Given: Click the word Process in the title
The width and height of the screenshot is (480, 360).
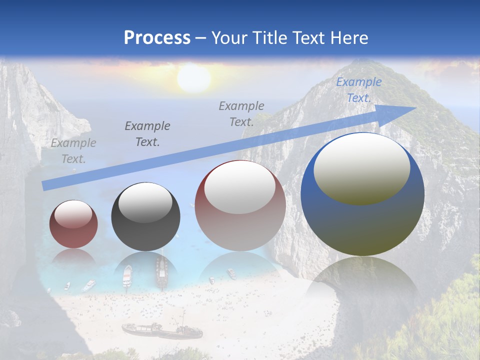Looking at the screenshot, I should (x=157, y=38).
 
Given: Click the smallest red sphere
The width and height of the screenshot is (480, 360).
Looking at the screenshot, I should (x=73, y=224).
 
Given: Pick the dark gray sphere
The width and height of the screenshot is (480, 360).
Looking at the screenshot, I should (x=145, y=217).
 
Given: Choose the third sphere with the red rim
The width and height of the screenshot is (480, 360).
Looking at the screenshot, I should (x=240, y=206).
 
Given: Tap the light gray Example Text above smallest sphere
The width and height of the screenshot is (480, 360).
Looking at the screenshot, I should (x=73, y=151).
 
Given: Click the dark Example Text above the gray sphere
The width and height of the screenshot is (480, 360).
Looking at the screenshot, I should (x=147, y=134).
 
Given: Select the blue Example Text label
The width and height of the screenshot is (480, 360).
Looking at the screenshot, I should (x=358, y=90).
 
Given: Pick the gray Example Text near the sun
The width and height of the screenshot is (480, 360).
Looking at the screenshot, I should (x=241, y=113).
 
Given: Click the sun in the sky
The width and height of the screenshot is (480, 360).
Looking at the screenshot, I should (x=193, y=78).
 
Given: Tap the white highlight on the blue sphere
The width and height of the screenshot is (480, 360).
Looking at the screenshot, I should (x=361, y=168).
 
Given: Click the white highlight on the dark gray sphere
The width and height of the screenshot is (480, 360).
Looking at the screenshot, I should (x=145, y=203).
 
